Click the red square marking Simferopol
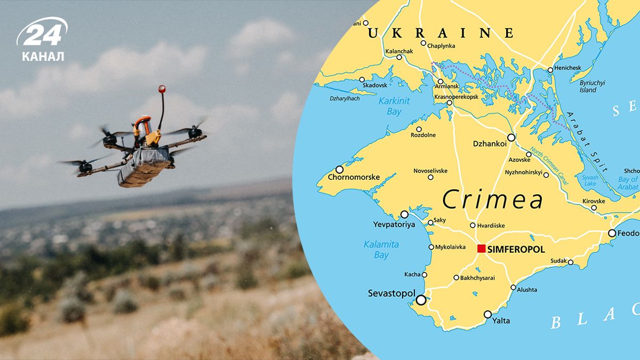(x=481, y=249)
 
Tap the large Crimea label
(x=493, y=201)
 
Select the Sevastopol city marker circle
(x=421, y=300)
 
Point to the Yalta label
(x=501, y=321)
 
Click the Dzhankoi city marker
(x=511, y=138)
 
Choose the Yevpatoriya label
(x=394, y=225)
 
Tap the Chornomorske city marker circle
(x=339, y=169)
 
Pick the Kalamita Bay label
(x=381, y=250)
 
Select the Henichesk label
(x=567, y=68)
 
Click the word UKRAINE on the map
(x=440, y=33)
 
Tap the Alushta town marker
(x=513, y=287)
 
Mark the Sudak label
(x=558, y=261)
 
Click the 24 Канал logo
(x=43, y=40)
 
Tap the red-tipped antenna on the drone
(x=162, y=90)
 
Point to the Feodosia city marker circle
(x=612, y=233)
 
